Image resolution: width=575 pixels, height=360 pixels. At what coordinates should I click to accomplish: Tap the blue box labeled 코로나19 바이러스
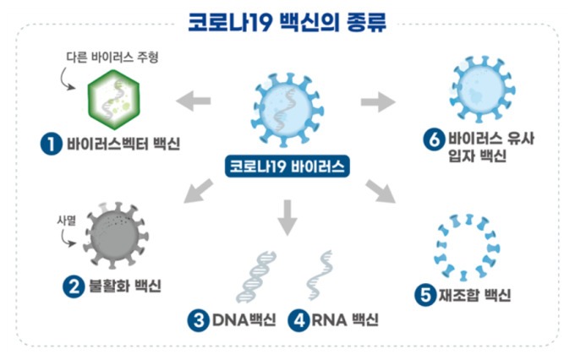[x=287, y=166]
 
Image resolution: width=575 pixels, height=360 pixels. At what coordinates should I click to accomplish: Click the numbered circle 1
[x=51, y=144]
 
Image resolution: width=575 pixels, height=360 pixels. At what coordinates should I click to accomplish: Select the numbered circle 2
[x=74, y=286]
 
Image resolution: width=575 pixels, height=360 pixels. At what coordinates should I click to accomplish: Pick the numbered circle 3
[x=199, y=320]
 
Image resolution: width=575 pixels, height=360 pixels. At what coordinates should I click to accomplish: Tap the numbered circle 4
[x=298, y=320]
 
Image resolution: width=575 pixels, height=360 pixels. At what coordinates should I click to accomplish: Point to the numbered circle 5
[x=425, y=295]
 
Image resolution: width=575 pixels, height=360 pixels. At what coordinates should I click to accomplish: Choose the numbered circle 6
[x=434, y=139]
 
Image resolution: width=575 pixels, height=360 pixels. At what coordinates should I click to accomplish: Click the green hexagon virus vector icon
[x=113, y=100]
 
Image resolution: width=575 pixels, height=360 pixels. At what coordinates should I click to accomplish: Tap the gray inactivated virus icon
[x=116, y=235]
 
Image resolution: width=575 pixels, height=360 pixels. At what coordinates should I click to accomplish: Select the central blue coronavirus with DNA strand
[x=287, y=110]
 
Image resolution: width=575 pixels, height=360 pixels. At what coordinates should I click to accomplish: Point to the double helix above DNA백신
[x=256, y=277]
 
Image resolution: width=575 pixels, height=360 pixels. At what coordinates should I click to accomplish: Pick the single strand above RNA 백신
[x=319, y=275]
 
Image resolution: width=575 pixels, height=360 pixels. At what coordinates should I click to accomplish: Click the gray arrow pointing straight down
[x=287, y=218]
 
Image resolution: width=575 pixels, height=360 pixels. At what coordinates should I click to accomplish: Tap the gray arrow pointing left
[x=194, y=101]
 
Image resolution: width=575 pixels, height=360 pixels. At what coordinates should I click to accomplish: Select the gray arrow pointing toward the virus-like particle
[x=379, y=101]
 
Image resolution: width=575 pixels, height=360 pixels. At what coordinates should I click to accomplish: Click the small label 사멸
[x=66, y=221]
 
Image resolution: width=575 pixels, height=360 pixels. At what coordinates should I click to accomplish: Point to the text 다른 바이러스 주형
[x=112, y=57]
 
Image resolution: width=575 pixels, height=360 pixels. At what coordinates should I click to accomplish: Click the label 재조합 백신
[x=475, y=295]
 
